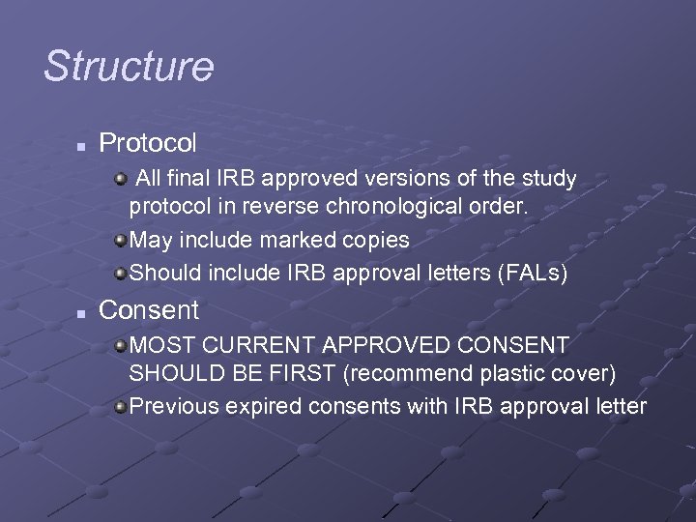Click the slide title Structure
[x=129, y=67]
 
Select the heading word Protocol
[x=148, y=144]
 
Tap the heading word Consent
[x=149, y=310]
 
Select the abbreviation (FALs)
[x=532, y=274]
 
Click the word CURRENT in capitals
[x=262, y=344]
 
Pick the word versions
[x=418, y=179]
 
